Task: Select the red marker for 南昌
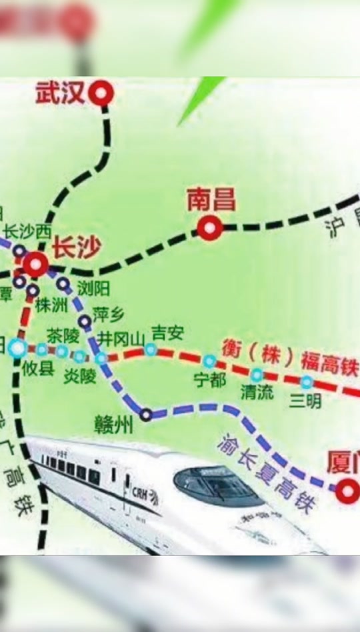(210, 229)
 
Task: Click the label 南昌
(211, 199)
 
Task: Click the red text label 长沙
(76, 249)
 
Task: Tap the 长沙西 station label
(27, 231)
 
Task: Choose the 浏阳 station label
(93, 289)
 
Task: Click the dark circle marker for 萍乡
(85, 320)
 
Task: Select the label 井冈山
(121, 338)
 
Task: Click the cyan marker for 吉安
(151, 349)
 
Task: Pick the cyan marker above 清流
(257, 375)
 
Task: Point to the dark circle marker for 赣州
(146, 415)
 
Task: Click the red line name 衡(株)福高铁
(290, 359)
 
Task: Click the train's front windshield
(217, 485)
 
